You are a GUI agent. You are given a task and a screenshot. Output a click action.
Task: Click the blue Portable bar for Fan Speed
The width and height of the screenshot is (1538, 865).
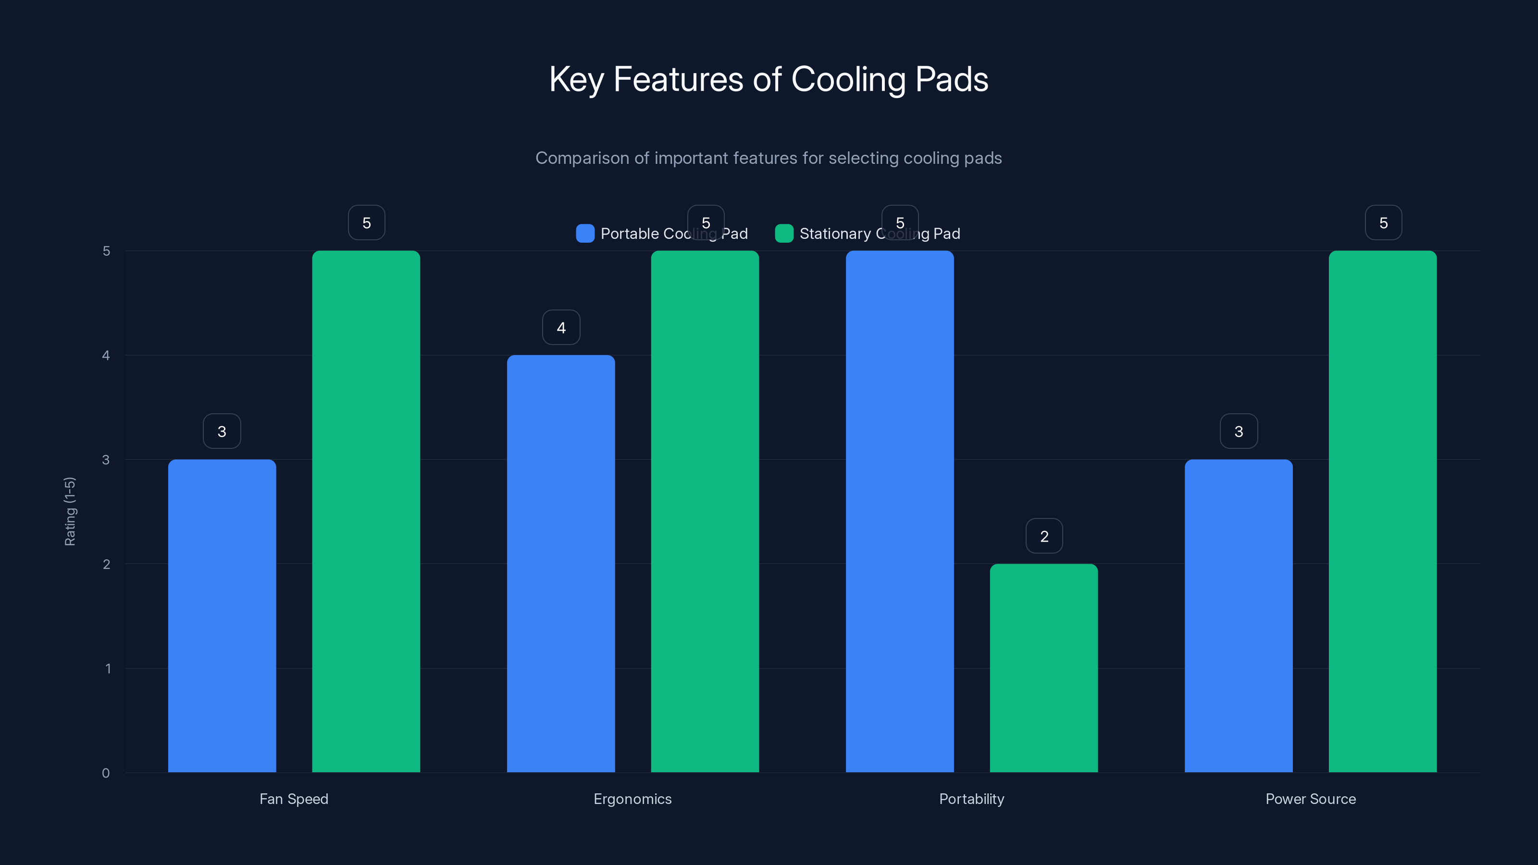[222, 616]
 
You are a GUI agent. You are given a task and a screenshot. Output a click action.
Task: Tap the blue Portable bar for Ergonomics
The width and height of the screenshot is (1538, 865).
[560, 564]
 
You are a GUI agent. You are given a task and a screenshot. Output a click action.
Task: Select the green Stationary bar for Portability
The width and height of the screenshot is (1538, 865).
[1043, 668]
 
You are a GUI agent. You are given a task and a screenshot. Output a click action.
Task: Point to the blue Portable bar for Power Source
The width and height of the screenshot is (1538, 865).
[1238, 616]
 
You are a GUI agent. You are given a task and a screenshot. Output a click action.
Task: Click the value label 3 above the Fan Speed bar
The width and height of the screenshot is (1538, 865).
[222, 431]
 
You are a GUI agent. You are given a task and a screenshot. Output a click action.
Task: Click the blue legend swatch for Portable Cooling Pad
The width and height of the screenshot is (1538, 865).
[585, 234]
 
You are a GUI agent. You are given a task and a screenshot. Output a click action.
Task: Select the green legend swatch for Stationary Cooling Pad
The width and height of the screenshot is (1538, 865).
[784, 234]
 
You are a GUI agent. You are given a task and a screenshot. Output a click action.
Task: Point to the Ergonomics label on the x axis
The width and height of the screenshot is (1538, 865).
[633, 799]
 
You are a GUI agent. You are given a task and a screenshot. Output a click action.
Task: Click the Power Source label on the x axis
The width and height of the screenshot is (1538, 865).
[1311, 799]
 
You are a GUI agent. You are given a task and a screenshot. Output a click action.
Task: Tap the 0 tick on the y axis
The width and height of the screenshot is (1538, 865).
[106, 773]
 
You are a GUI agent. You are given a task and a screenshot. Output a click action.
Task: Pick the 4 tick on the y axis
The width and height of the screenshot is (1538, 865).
[106, 355]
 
